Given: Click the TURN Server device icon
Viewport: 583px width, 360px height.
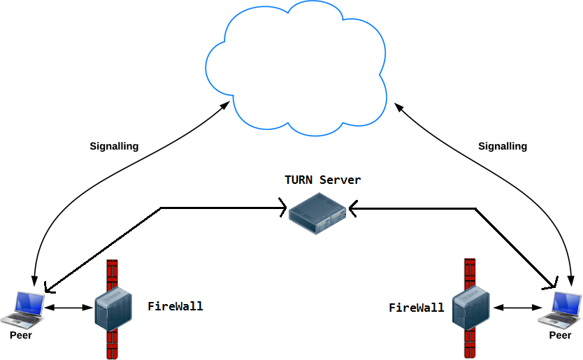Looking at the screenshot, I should click(318, 213).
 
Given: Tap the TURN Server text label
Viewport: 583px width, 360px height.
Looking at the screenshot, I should click(322, 180).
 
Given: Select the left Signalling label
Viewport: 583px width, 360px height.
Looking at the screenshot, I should click(114, 147).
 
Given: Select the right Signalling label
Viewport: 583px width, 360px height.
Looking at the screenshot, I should click(502, 147).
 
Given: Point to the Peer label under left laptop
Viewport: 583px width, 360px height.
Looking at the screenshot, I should click(21, 336).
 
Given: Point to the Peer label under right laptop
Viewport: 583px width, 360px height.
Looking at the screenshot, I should click(560, 336).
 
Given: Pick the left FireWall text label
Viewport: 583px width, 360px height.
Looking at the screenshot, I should click(175, 306).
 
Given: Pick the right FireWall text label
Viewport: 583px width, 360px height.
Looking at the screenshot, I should click(416, 308).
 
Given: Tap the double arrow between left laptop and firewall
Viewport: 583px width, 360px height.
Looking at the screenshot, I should click(69, 308).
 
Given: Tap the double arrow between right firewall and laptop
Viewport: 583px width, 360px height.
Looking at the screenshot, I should click(518, 308).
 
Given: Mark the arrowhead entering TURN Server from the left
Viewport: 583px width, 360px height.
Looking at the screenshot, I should click(284, 208).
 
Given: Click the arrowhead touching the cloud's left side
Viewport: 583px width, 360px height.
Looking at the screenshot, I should click(225, 103).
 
